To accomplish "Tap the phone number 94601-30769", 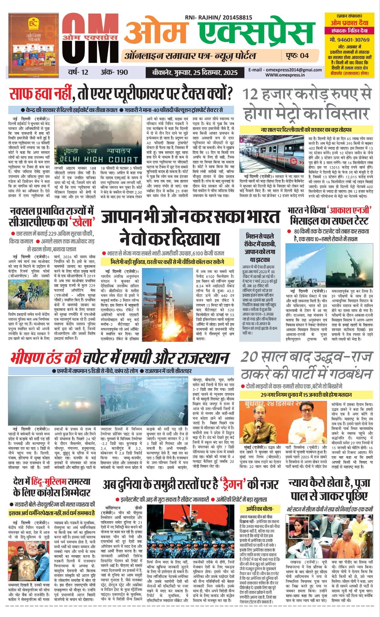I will coord(349,40).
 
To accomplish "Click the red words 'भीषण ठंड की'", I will coord(46,358).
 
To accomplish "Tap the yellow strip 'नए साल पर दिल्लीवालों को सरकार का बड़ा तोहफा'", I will coord(306,130).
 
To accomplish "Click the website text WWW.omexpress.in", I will coord(285,75).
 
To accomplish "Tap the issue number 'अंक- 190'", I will coord(114,72).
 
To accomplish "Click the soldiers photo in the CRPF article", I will coord(29,294).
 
